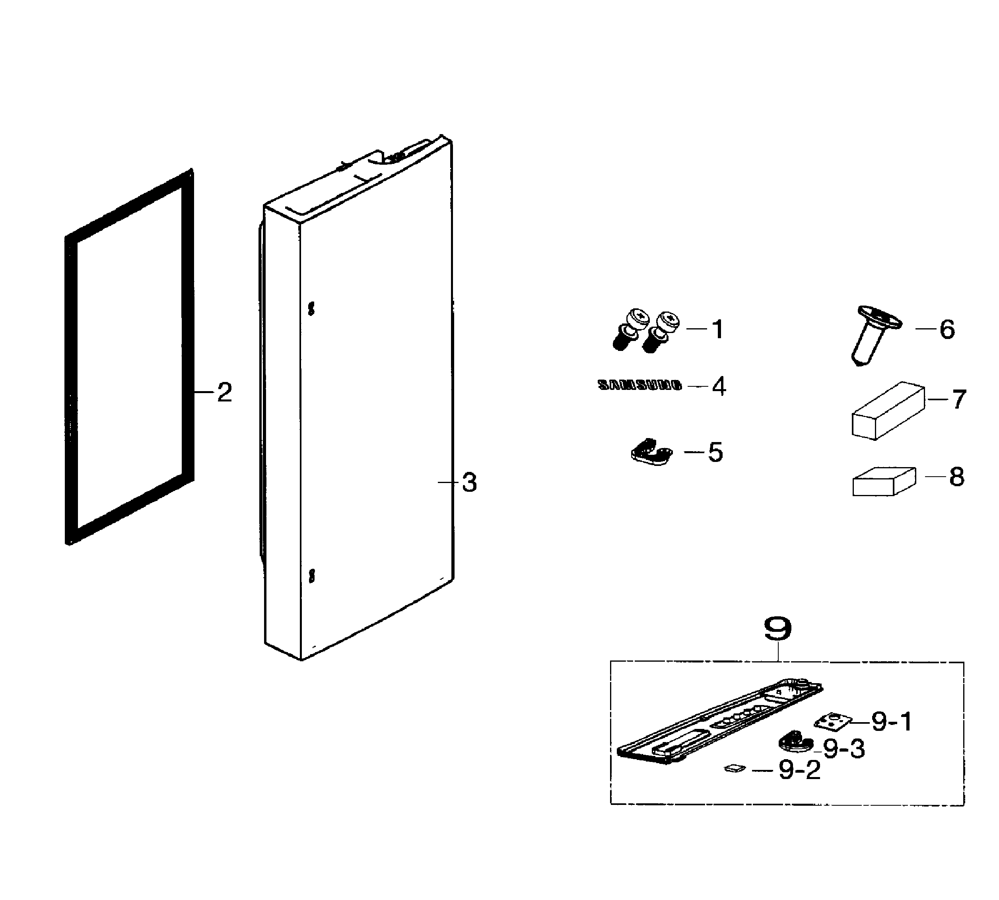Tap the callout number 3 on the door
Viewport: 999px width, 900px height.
click(469, 482)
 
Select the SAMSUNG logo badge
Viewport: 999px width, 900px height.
click(639, 385)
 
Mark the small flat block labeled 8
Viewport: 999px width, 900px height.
click(883, 482)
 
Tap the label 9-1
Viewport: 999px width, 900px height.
click(892, 722)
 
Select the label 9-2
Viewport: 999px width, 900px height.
click(799, 770)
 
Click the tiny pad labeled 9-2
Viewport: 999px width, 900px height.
click(734, 768)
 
